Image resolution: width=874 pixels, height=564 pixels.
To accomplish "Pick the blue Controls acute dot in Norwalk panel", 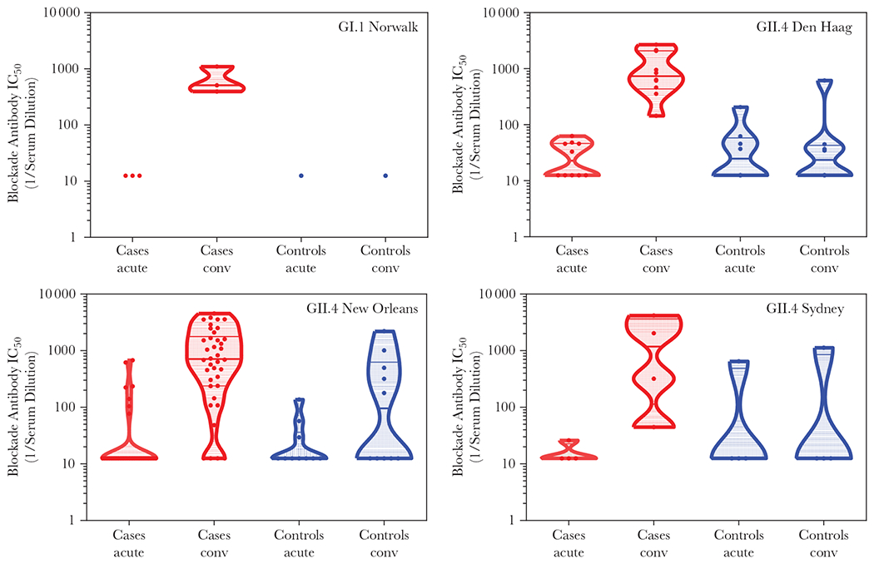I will pyautogui.click(x=300, y=176).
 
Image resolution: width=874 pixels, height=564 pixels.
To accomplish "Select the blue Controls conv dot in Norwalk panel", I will pyautogui.click(x=385, y=176).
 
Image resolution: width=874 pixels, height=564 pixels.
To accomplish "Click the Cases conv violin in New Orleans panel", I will pyautogui.click(x=216, y=358).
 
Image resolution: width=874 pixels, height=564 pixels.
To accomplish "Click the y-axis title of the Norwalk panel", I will pyautogui.click(x=22, y=125).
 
